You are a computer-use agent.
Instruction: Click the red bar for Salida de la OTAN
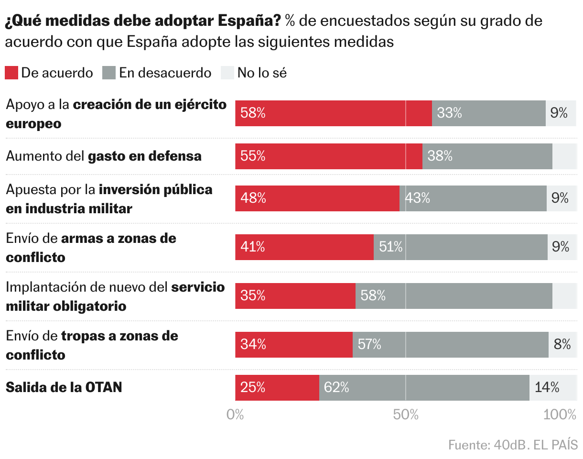tap(277, 388)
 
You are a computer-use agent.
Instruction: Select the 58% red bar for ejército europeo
tap(333, 113)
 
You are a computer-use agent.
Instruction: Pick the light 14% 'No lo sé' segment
tap(553, 388)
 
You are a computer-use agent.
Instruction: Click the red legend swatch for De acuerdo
tap(11, 73)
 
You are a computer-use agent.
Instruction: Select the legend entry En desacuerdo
tap(157, 73)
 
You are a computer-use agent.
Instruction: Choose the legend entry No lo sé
tap(254, 73)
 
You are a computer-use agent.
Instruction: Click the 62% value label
tap(336, 388)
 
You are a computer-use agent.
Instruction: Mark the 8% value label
tap(562, 344)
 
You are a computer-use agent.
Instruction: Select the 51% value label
tap(390, 247)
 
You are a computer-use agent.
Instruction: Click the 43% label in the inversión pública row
tap(418, 198)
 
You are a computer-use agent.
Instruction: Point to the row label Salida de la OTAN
tap(64, 387)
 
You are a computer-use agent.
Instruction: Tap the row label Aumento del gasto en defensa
tap(104, 156)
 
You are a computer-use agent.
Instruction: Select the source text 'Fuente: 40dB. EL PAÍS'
tap(513, 445)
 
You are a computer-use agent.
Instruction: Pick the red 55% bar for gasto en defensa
tap(328, 156)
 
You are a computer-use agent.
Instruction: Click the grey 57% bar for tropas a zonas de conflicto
tap(450, 344)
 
